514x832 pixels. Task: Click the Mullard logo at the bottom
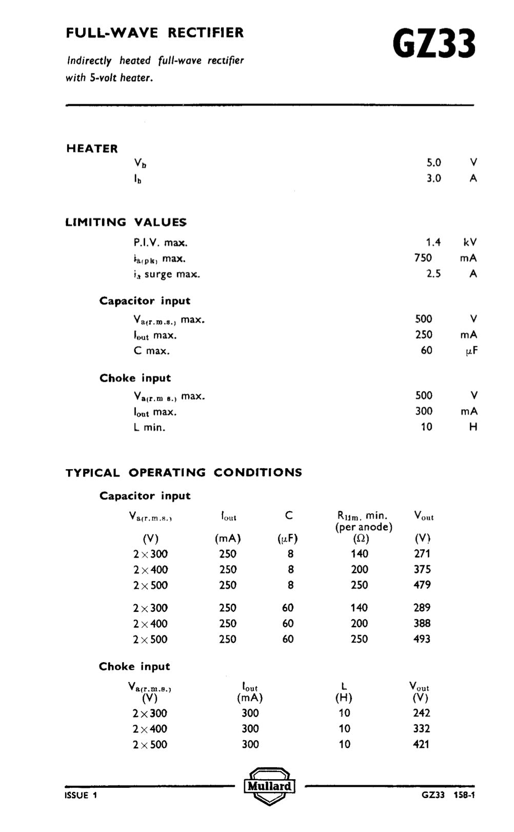click(269, 786)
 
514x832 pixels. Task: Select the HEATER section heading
click(92, 149)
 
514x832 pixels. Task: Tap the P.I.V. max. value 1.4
click(433, 242)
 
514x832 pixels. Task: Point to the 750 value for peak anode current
click(423, 258)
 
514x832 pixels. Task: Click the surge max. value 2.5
click(433, 274)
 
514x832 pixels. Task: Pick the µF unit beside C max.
click(471, 351)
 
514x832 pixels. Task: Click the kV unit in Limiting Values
click(470, 242)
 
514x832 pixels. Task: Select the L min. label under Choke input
click(149, 427)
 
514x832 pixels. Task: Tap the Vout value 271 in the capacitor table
click(422, 554)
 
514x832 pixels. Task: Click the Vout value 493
click(422, 639)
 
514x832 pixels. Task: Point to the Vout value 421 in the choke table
click(421, 744)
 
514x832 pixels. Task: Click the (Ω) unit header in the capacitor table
click(362, 538)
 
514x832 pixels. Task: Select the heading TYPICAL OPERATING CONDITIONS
click(184, 473)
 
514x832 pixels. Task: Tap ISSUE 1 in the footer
click(81, 796)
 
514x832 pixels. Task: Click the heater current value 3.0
click(433, 178)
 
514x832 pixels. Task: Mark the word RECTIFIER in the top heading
click(206, 33)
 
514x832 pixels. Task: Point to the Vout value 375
click(422, 569)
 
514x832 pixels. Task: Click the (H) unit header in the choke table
click(344, 698)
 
